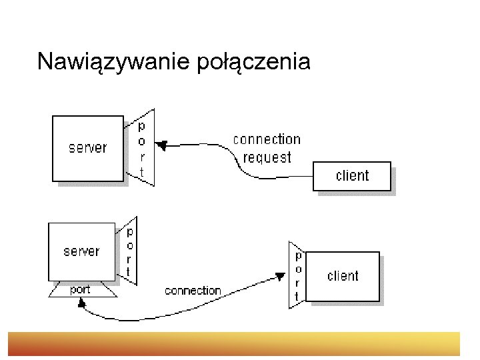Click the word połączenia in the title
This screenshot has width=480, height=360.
(254, 62)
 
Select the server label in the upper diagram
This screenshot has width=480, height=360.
(87, 147)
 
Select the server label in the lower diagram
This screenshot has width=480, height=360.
(81, 251)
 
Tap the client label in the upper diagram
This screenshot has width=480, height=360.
(352, 175)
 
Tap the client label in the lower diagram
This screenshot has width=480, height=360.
(343, 276)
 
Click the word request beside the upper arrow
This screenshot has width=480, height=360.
(267, 157)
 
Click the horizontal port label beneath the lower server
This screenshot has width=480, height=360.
(81, 290)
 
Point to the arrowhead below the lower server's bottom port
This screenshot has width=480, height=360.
(81, 303)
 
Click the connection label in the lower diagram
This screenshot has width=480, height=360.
(193, 291)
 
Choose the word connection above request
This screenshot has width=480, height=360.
(267, 139)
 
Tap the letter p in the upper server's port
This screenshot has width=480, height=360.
(141, 125)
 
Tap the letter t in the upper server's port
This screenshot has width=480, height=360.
(141, 172)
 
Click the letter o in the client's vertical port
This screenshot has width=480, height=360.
(298, 269)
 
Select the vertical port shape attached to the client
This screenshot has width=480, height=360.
(297, 275)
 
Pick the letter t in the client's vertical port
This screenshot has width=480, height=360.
(298, 295)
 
